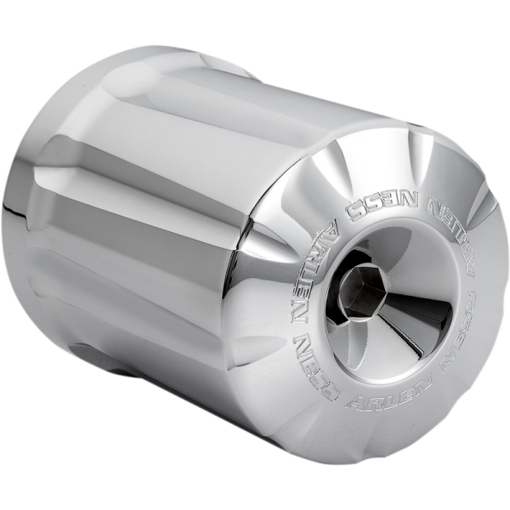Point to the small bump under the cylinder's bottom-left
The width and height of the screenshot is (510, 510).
pos(86,354)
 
